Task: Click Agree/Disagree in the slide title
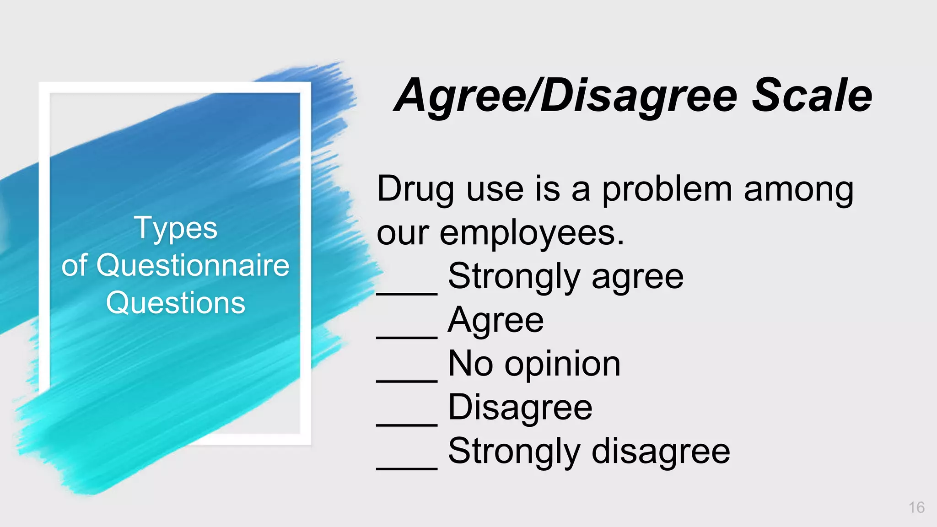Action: [565, 96]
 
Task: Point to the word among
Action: [798, 189]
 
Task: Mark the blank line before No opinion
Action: [407, 380]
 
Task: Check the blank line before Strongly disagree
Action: [407, 468]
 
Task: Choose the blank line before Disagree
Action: [407, 424]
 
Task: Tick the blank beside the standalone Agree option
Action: [407, 336]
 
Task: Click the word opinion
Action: [562, 365]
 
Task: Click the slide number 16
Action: [916, 507]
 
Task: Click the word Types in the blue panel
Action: [176, 228]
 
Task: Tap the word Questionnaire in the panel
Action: [193, 265]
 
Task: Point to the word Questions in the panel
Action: [176, 303]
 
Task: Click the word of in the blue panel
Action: [74, 265]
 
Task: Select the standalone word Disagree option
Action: [520, 408]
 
